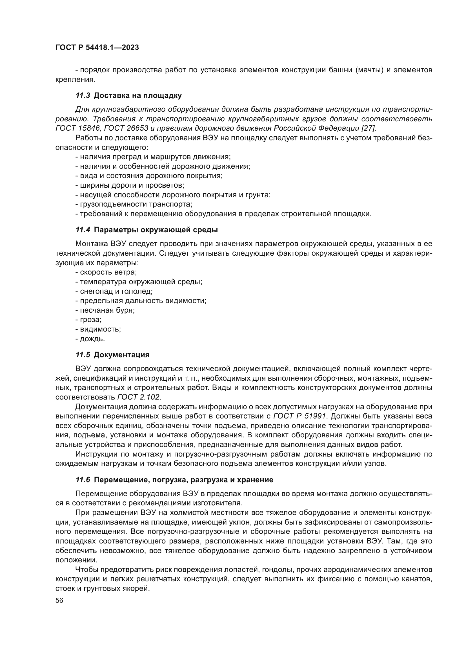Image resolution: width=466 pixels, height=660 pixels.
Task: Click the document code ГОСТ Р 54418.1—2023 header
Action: click(x=97, y=48)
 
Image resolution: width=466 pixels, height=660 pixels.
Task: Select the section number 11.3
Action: click(x=83, y=95)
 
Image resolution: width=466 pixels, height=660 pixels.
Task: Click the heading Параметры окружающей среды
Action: click(x=156, y=230)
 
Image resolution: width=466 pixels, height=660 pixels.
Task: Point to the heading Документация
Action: click(x=122, y=355)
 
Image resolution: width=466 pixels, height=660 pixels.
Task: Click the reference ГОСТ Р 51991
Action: click(x=299, y=416)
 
